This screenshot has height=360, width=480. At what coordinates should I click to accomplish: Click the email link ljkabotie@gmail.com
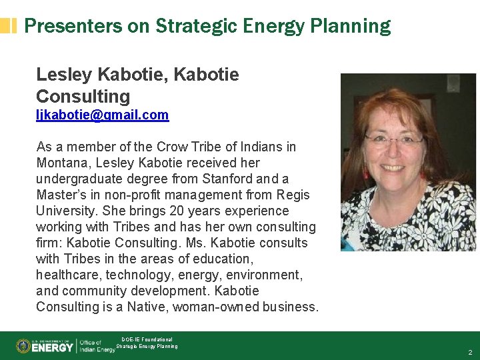click(102, 115)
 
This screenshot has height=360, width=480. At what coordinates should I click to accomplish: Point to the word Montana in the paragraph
click(61, 163)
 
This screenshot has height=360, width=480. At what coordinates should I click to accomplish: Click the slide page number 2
click(470, 351)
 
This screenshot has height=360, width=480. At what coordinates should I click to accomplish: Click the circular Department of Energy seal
click(24, 346)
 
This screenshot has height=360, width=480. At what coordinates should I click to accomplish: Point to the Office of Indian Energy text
click(97, 346)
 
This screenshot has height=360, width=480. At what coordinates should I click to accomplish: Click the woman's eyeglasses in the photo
click(394, 140)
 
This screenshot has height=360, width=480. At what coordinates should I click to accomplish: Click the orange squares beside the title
click(9, 26)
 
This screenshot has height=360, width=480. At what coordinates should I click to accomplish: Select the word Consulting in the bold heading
click(83, 96)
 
